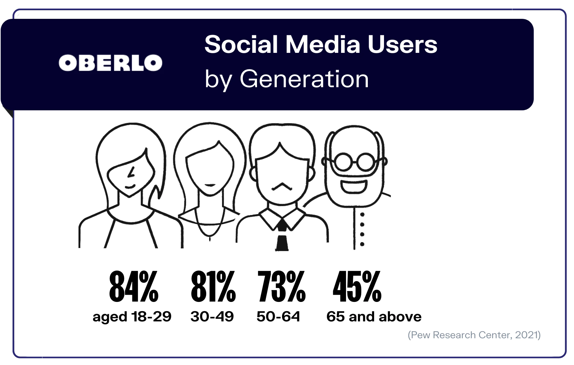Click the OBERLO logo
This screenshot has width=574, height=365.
111,63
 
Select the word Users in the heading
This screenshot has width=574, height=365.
402,44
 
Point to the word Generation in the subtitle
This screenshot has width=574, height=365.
304,79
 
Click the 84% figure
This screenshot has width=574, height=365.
134,286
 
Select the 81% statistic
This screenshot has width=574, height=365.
213,286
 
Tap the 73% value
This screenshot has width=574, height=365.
281,286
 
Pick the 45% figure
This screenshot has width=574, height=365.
357,286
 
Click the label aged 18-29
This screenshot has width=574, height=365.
132,316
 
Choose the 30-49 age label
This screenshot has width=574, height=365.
212,316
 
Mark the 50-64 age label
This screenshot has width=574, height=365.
278,316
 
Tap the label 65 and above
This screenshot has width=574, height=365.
374,316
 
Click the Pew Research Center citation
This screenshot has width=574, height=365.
474,335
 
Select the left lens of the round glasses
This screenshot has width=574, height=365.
343,162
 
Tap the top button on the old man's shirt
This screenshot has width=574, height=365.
362,215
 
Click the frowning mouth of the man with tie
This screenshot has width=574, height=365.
281,187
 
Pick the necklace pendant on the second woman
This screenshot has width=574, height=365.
210,237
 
